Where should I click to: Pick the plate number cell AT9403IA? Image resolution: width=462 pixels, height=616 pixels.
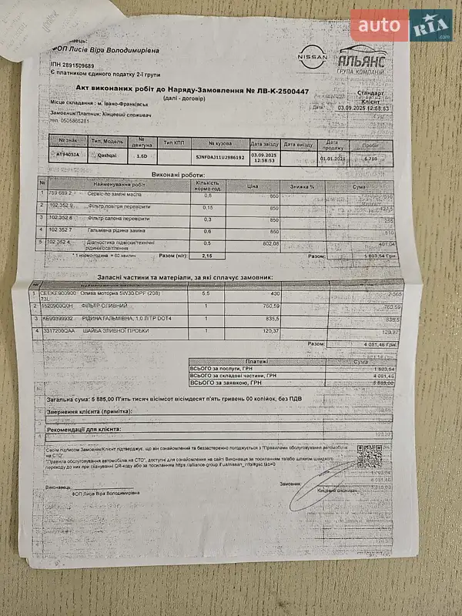pyautogui.click(x=68, y=155)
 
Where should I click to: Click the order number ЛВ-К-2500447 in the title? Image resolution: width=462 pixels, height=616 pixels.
pyautogui.click(x=276, y=92)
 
